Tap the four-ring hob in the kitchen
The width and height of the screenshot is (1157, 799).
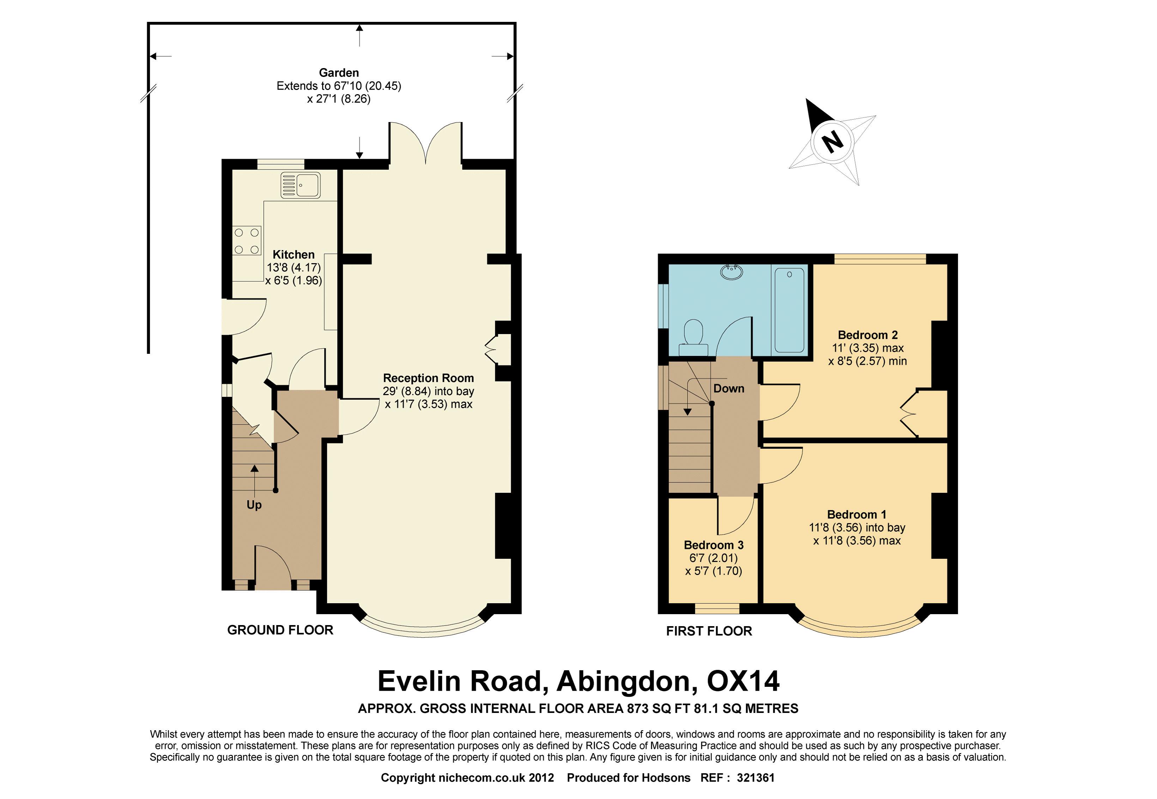pos(247,241)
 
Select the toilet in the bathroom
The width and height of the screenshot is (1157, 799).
pos(694,338)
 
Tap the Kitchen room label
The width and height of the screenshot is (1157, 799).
pos(293,254)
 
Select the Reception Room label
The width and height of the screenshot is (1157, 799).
pos(428,378)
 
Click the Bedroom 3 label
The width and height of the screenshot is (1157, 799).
pos(714,545)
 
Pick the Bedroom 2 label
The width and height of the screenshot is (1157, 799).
pos(868,335)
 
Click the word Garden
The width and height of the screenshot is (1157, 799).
pos(339,73)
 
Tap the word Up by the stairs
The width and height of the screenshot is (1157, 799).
pos(254,505)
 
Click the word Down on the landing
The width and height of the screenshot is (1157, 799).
pos(728,388)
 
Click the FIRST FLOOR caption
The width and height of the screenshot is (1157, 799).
pos(709,631)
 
